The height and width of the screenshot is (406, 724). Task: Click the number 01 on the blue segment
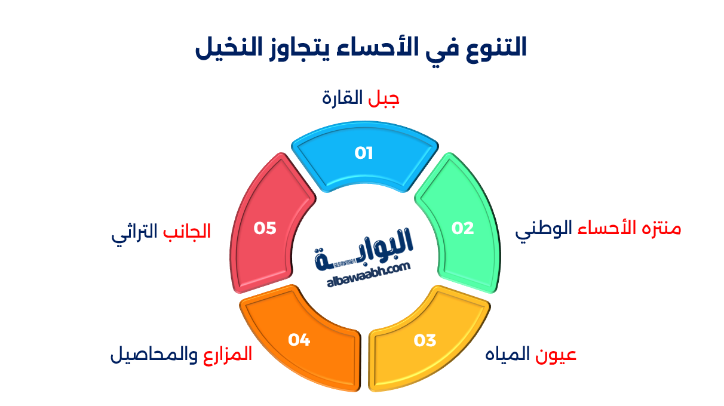tap(363, 153)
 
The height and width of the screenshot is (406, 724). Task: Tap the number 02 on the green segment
tap(462, 228)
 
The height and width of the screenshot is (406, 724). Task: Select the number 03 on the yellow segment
tap(425, 340)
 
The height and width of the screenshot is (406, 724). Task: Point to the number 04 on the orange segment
tap(299, 340)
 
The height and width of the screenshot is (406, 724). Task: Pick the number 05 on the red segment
tap(265, 228)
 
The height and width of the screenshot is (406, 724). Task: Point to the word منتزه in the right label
tap(660, 228)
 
